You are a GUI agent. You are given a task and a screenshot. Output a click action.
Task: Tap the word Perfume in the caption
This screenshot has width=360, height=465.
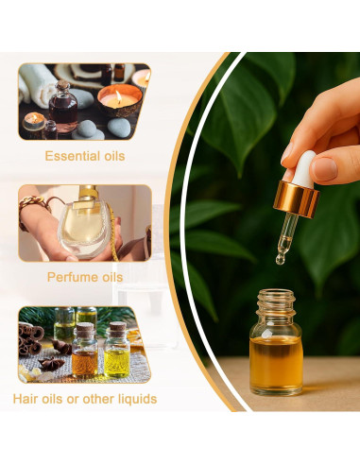click(x=71, y=277)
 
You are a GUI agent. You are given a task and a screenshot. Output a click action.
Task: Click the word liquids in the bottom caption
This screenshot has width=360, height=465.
click(x=134, y=398)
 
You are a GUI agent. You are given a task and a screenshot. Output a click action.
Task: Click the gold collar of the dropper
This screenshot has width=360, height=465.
click(x=294, y=198)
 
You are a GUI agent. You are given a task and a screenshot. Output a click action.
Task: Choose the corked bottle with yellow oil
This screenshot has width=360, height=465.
click(x=116, y=353)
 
